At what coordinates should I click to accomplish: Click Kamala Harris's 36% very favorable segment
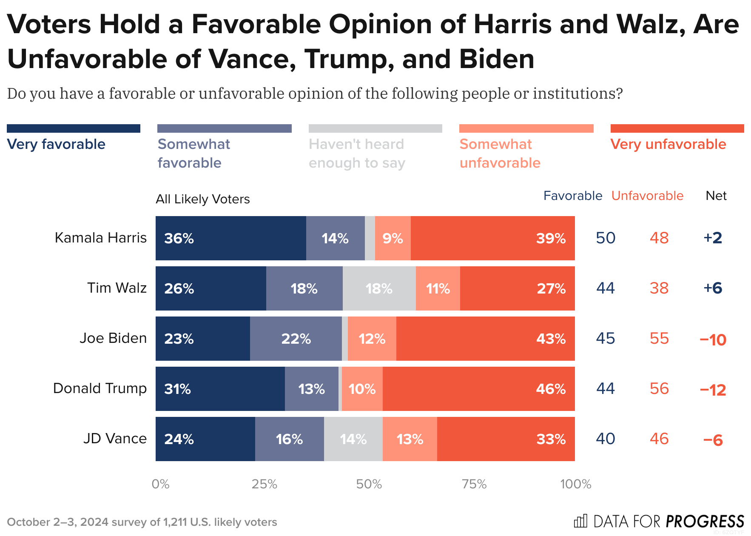(x=230, y=238)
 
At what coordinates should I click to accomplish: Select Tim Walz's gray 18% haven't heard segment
(x=379, y=288)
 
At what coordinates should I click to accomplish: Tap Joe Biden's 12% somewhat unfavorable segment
(x=372, y=339)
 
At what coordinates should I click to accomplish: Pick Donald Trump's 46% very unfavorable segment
(x=478, y=389)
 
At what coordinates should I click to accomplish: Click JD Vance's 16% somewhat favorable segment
(x=289, y=439)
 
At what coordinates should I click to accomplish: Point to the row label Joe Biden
(x=113, y=338)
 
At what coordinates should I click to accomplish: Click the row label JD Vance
(x=115, y=439)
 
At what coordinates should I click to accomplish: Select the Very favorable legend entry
(x=56, y=144)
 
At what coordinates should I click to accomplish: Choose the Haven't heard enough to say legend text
(x=356, y=154)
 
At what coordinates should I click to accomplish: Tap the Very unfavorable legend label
(x=668, y=144)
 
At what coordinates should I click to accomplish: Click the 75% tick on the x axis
(x=474, y=484)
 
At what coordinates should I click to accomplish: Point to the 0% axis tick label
(x=160, y=484)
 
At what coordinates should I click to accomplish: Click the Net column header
(x=716, y=196)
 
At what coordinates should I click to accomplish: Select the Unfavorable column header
(x=647, y=196)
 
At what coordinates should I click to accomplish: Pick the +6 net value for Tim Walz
(x=713, y=288)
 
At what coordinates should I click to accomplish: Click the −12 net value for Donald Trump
(x=713, y=390)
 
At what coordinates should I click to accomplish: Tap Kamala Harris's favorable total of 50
(x=606, y=238)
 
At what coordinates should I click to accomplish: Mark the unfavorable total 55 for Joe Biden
(x=659, y=339)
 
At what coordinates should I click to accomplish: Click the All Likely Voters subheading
(x=202, y=199)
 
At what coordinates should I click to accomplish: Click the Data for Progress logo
(x=659, y=521)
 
